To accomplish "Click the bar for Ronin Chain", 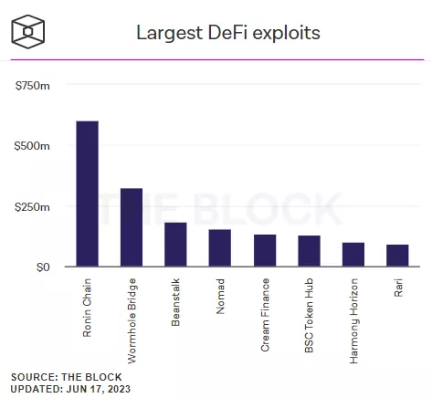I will (x=88, y=194).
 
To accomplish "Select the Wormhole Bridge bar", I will (x=132, y=228).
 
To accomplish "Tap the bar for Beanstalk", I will (x=175, y=245).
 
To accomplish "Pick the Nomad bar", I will (x=219, y=248).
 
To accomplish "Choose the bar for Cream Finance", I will (x=264, y=251).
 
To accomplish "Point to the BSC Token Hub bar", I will (x=309, y=252).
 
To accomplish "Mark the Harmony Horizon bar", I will (x=353, y=255).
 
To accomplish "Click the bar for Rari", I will (x=397, y=256).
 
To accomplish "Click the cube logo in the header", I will (x=30, y=32).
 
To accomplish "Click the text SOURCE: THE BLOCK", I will (x=66, y=376).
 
